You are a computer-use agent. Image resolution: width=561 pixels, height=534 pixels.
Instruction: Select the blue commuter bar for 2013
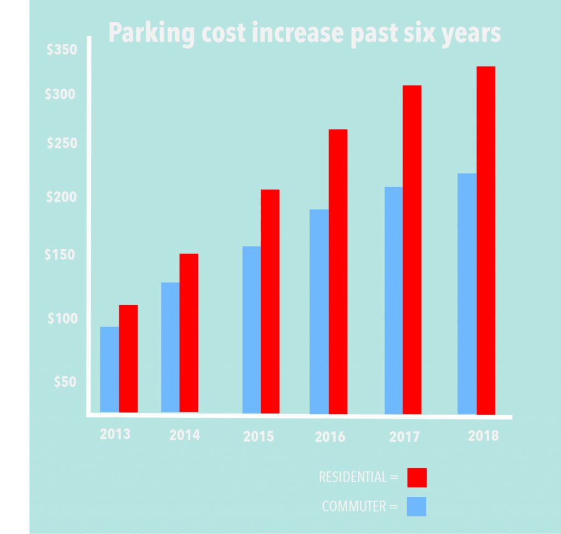110,369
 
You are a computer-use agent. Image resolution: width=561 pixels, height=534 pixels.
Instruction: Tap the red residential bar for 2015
270,301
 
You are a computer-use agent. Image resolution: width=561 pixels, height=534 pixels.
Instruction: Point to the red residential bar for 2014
188,332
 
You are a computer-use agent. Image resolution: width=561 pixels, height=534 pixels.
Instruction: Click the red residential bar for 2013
128,358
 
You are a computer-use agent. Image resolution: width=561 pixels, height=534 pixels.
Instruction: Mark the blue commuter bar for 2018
467,294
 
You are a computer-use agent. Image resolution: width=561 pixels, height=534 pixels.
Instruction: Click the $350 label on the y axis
61,51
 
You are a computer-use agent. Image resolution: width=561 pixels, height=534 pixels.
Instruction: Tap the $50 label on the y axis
65,382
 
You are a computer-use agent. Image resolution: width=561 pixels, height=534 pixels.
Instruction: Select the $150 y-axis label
61,255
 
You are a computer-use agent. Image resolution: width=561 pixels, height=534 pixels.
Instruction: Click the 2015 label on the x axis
259,437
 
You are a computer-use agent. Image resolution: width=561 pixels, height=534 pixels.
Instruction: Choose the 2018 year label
484,436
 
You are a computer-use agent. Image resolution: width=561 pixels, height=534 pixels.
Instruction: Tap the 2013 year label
115,434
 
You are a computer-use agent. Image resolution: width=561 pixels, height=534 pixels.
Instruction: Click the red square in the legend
417,477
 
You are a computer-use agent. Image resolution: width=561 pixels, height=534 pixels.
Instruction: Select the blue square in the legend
417,507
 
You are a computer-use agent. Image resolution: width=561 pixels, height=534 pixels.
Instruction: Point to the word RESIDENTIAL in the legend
353,477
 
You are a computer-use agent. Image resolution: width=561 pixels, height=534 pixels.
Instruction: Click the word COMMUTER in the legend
354,507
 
